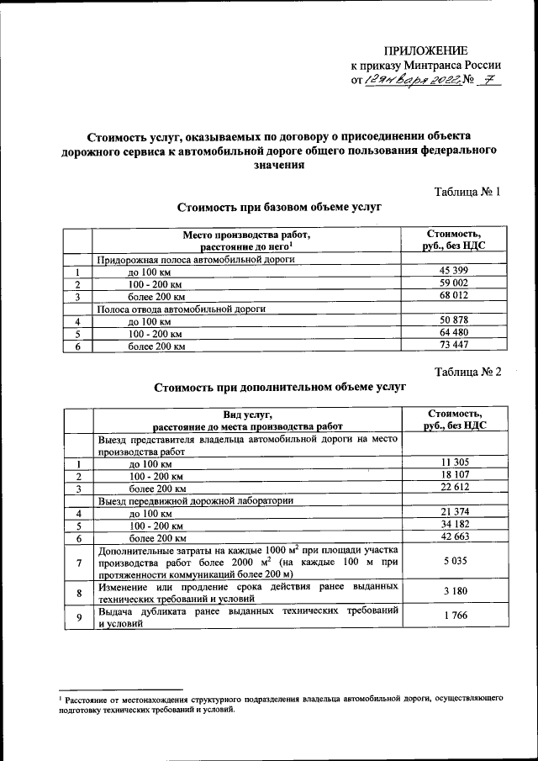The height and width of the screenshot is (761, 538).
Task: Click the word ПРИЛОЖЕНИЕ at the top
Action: (x=426, y=51)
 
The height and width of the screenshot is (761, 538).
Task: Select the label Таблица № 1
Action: (x=467, y=192)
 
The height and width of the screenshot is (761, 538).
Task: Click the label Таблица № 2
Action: (x=467, y=373)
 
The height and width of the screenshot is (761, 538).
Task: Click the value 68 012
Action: (x=453, y=297)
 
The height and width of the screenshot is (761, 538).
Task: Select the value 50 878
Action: (x=453, y=321)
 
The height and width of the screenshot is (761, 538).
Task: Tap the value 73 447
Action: (x=453, y=346)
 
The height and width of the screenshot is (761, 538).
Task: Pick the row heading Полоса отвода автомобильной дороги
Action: (x=181, y=309)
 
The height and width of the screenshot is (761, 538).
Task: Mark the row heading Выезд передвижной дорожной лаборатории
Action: (x=194, y=500)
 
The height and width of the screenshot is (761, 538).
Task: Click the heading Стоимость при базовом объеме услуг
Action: (x=280, y=207)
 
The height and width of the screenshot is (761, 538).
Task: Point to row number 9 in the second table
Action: (x=78, y=618)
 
